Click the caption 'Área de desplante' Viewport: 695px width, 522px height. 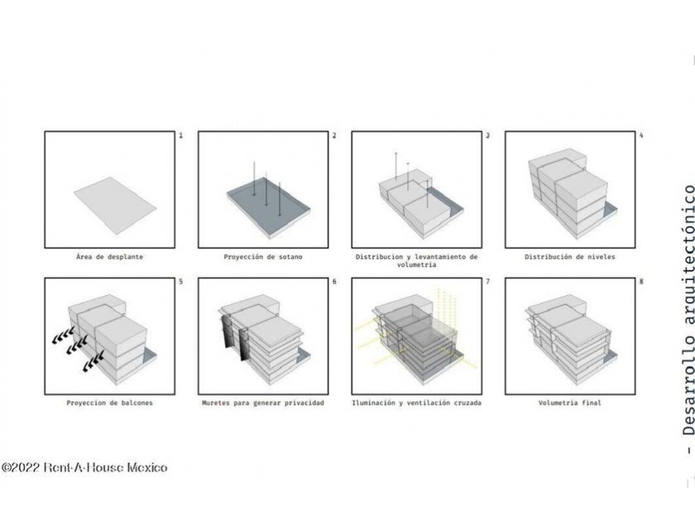click(109, 257)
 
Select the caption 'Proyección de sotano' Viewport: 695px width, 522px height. click(263, 257)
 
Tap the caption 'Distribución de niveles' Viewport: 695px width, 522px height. click(569, 257)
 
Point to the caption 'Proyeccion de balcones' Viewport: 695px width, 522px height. click(109, 403)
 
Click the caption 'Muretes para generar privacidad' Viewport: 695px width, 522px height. click(263, 403)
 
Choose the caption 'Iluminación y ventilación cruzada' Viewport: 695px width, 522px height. click(417, 403)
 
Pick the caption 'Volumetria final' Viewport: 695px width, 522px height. click(569, 403)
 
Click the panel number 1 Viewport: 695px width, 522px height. click(181, 135)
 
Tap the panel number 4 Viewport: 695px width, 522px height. click(641, 135)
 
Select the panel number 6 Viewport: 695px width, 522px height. click(334, 282)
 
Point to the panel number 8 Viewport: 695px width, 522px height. click(641, 282)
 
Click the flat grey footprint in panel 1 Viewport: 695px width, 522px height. click(115, 206)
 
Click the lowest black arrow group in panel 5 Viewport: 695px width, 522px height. click(93, 361)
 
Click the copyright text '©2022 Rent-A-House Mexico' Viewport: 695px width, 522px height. click(84, 467)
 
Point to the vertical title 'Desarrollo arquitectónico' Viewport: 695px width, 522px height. click(688, 311)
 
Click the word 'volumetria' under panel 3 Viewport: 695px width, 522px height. click(417, 264)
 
